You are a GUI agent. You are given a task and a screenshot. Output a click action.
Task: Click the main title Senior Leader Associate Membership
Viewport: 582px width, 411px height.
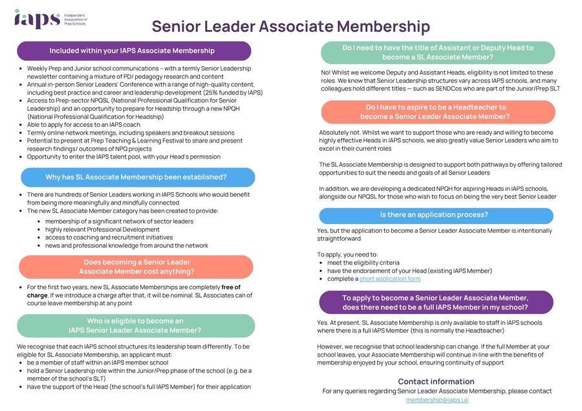point(290,27)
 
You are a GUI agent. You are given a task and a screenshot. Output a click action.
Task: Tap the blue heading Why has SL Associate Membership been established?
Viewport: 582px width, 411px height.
point(136,177)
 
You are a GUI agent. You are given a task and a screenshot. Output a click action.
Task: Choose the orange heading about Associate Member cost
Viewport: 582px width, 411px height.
point(136,267)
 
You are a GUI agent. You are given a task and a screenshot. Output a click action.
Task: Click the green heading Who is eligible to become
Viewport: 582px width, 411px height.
point(135,326)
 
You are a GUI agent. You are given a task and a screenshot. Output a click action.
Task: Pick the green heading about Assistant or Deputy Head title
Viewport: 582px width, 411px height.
point(438,52)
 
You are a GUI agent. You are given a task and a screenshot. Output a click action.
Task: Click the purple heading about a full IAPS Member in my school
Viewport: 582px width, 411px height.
point(435,302)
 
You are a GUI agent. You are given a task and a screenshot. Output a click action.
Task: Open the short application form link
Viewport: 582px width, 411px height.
point(390,279)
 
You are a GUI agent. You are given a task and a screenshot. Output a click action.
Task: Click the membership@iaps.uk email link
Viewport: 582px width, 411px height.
point(436,400)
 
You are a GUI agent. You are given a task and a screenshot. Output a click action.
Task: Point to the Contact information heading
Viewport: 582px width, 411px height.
point(436,381)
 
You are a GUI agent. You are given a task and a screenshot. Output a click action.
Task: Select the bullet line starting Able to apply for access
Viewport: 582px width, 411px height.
point(84,125)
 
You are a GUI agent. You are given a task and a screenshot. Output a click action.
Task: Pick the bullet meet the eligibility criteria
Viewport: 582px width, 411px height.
point(363,263)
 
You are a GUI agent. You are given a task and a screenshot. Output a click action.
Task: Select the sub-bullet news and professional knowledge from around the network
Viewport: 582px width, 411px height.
point(127,245)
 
